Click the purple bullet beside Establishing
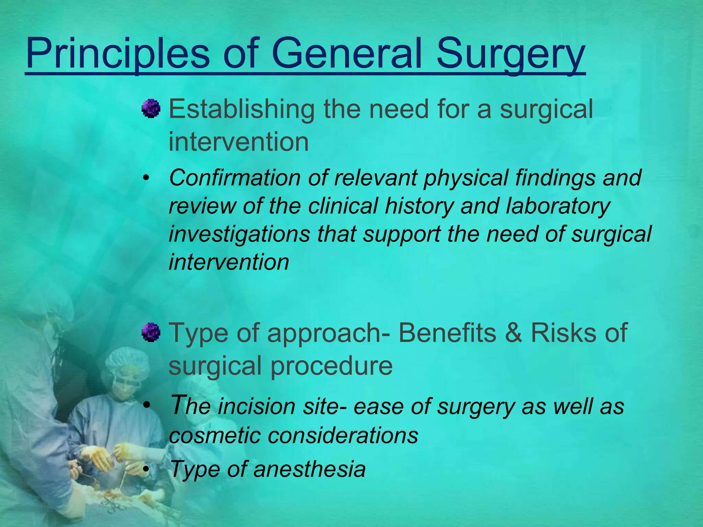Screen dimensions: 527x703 pyautogui.click(x=151, y=109)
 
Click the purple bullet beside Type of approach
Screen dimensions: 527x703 pyautogui.click(x=151, y=332)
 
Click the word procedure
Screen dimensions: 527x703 pyautogui.click(x=332, y=365)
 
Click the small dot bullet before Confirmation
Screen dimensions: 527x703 pyautogui.click(x=147, y=178)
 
